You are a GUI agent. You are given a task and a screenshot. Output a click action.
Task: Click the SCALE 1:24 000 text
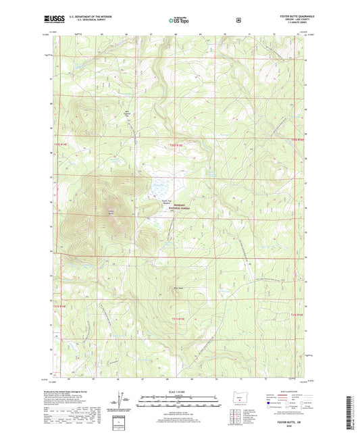coord(179,394)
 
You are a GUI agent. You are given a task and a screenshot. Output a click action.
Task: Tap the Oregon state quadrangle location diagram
coord(238,409)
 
